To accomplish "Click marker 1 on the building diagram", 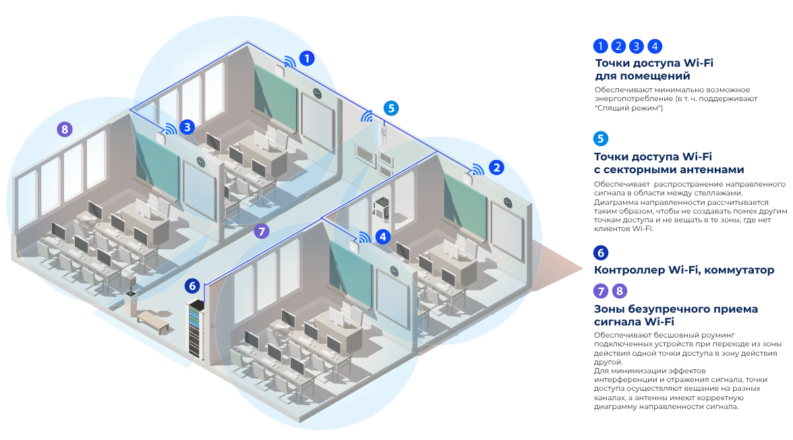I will pos(307,58).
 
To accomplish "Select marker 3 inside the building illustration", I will pos(187,126).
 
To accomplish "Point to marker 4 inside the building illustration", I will pos(383,237).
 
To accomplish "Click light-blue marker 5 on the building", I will pos(391,108).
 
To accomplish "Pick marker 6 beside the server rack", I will pos(193,286).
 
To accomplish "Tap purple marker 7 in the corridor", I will pos(262,231).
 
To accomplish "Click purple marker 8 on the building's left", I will pos(64,129).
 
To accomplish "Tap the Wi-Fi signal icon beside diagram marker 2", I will pos(477,170).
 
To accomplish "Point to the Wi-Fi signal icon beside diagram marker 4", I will pos(363,238).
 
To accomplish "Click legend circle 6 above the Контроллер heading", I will pos(600,253).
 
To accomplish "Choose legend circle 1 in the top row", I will pos(600,46).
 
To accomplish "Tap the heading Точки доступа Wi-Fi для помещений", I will pos(653,69).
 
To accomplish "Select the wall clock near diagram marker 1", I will pos(316,92).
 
